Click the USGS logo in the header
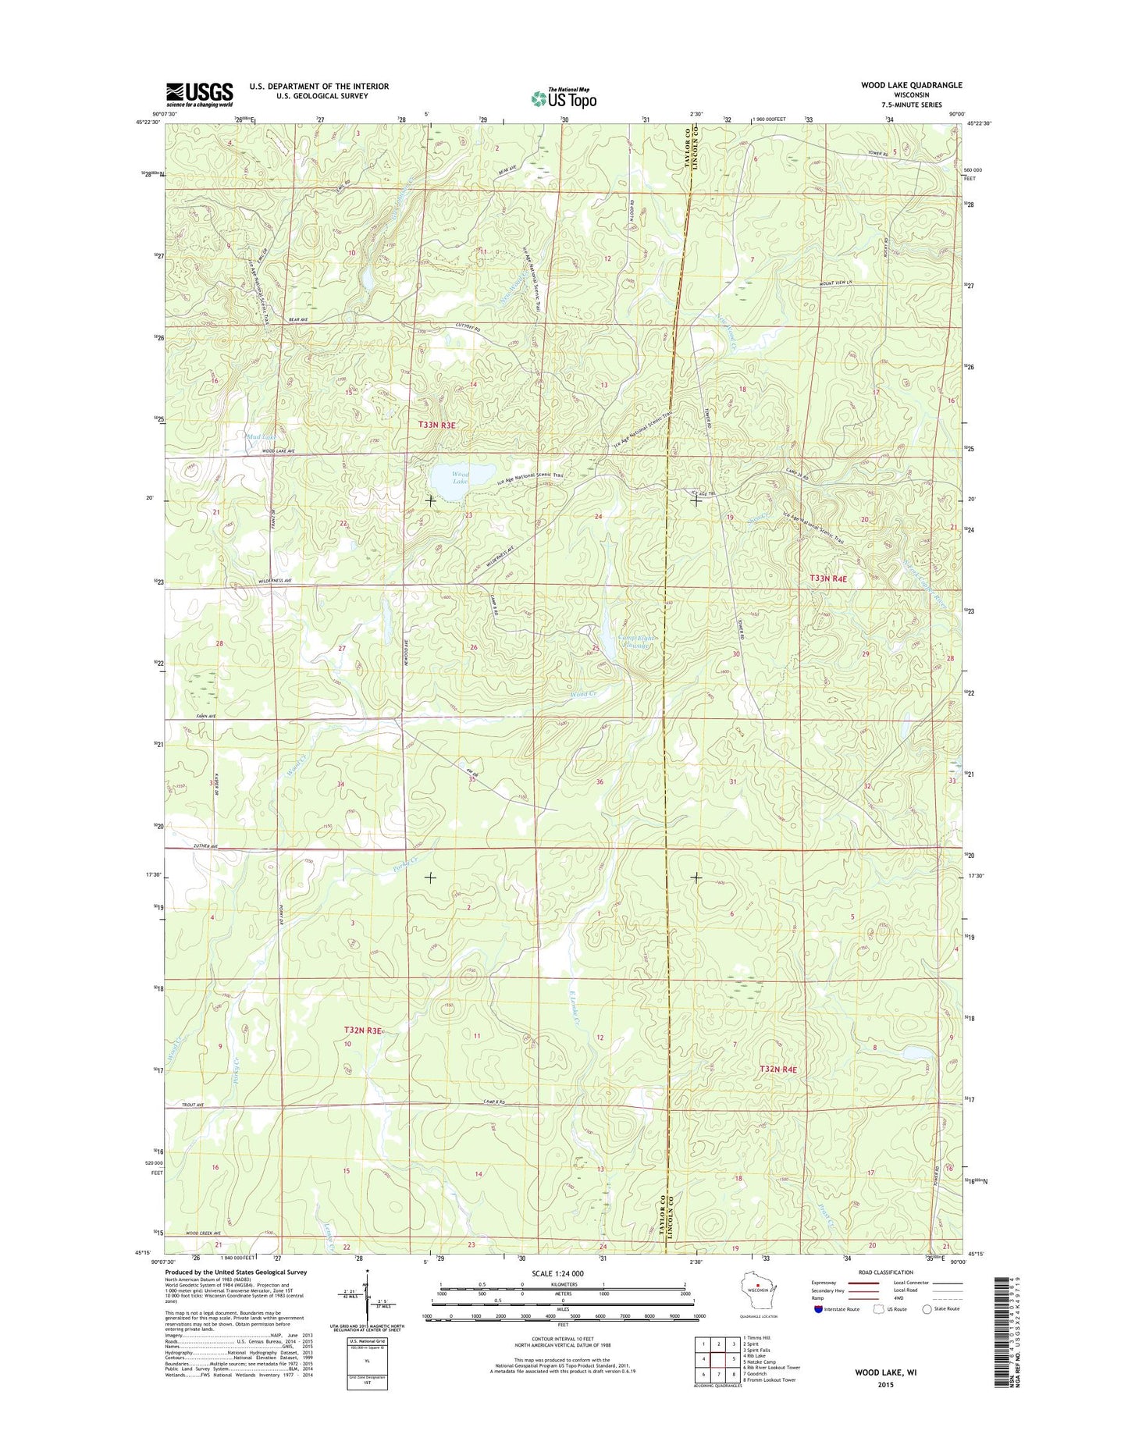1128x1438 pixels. coord(199,94)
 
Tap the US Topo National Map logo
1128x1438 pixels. coord(564,98)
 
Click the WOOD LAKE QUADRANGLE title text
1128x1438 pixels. coord(911,85)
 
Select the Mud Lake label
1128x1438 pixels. coord(261,437)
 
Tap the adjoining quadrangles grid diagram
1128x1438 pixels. coord(718,1359)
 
